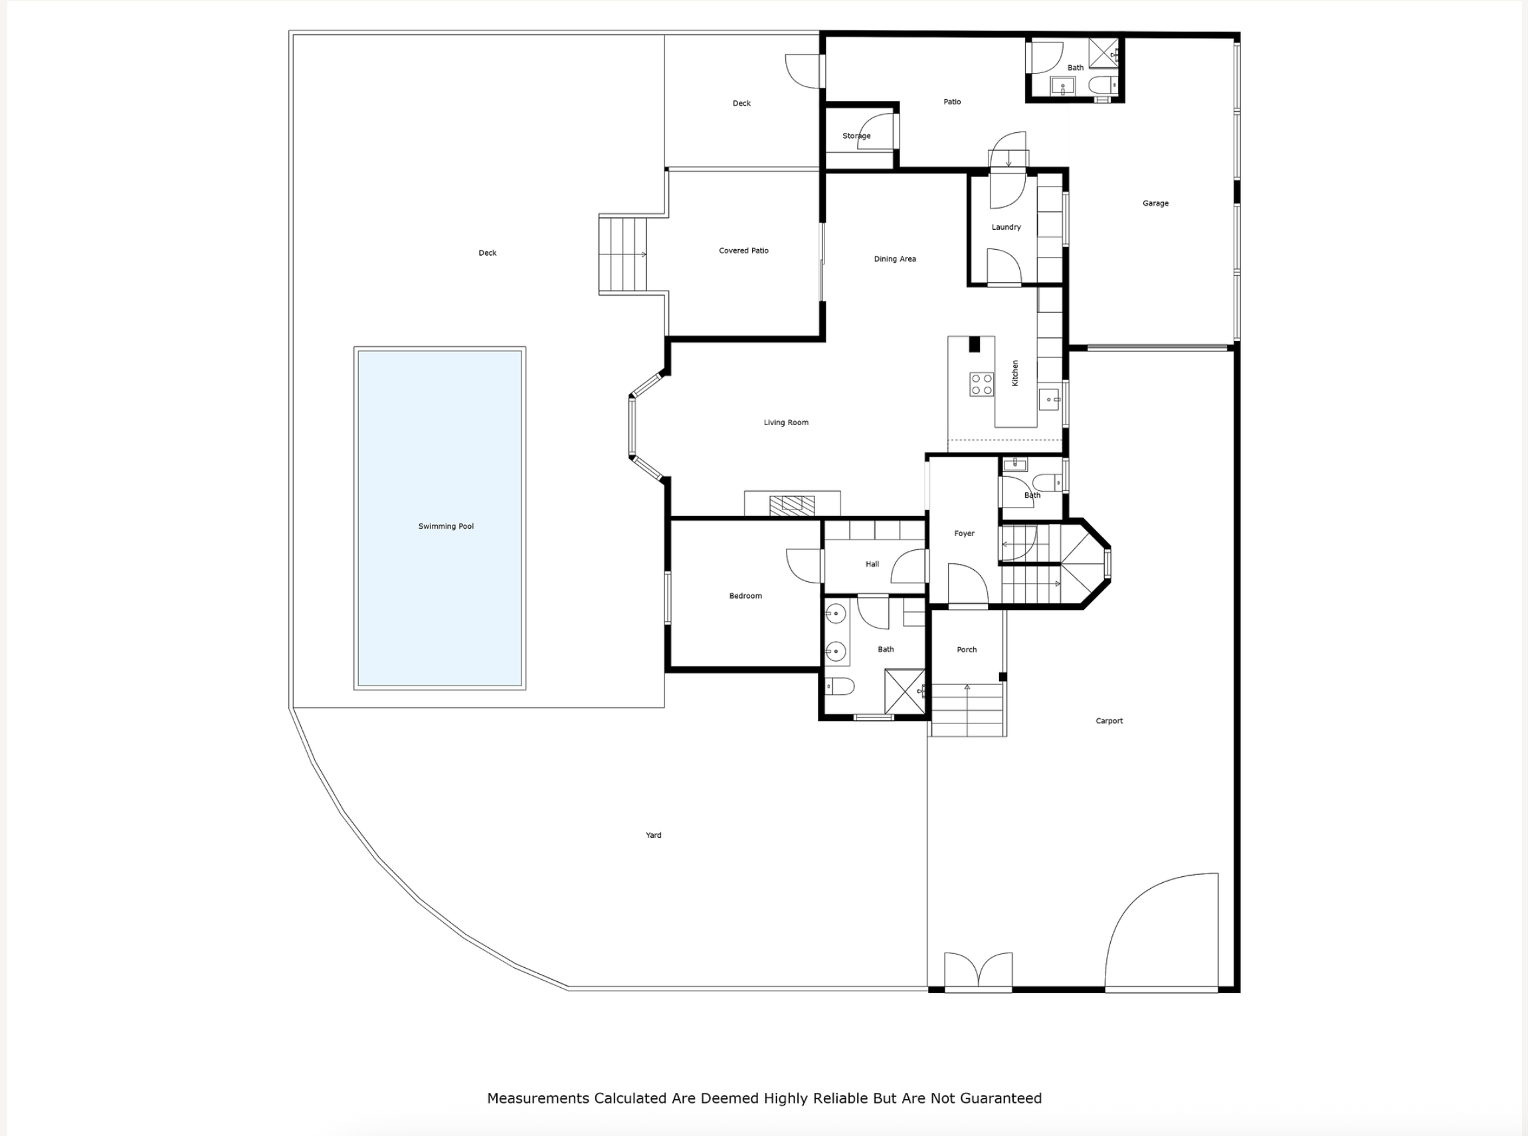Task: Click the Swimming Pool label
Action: point(446,526)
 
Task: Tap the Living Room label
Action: point(786,423)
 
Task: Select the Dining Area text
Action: point(895,259)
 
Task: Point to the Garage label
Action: point(1155,203)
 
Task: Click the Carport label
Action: point(1109,721)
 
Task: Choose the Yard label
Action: point(653,835)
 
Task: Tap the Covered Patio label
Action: point(743,250)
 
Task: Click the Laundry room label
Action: point(1006,227)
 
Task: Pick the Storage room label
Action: point(856,136)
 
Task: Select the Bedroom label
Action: point(745,595)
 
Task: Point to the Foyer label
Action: point(964,533)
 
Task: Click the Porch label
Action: point(967,649)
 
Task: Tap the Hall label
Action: point(872,564)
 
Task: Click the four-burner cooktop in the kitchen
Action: point(981,385)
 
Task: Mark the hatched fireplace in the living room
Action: point(792,506)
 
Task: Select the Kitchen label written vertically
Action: point(1014,373)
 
